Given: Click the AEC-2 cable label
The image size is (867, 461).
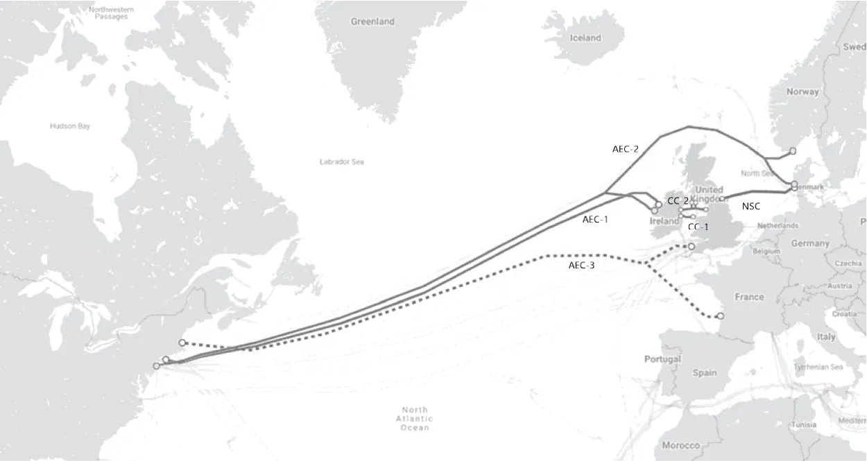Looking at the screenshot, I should [625, 149].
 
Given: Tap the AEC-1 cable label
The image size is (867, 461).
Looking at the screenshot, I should [595, 220].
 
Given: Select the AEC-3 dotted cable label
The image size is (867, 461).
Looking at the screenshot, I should [581, 265].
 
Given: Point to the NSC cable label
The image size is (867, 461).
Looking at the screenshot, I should [751, 206].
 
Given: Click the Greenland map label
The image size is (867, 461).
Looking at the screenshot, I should [372, 21].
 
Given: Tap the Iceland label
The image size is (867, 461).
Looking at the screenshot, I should [585, 38].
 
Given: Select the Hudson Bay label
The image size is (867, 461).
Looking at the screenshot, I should [70, 126].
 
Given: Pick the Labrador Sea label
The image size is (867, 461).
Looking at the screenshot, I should [341, 162].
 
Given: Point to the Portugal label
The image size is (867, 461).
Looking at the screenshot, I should [662, 359].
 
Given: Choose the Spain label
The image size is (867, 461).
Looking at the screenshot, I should [705, 372].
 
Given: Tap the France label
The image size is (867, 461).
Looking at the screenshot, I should [749, 297].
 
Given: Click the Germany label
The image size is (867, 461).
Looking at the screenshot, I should [810, 243].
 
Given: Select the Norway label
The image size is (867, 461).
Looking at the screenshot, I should [802, 92].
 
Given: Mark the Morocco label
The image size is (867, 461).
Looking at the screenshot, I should [681, 445].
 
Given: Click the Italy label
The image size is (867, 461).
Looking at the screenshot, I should [826, 336].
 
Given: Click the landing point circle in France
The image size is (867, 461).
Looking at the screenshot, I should [720, 316].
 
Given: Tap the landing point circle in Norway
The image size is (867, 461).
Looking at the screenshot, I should [793, 150].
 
